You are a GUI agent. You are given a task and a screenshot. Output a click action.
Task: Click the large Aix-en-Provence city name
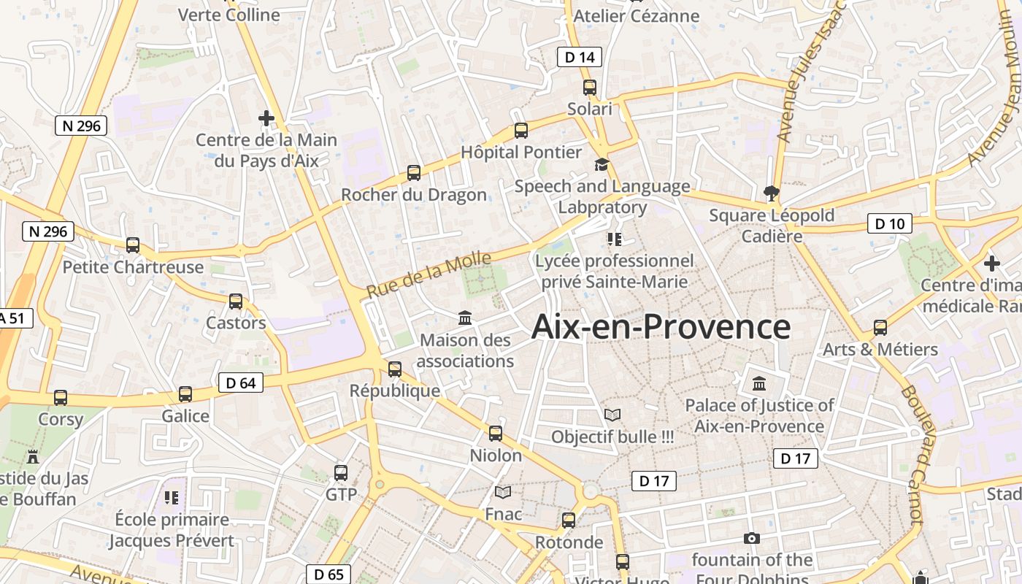[x=661, y=326]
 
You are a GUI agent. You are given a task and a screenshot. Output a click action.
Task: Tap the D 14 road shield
[x=580, y=57]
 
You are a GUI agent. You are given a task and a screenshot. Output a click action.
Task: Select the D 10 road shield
[x=889, y=223]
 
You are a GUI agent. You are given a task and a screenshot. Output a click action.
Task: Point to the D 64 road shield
[x=240, y=383]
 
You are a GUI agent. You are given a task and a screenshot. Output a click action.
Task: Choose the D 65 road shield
[x=328, y=575]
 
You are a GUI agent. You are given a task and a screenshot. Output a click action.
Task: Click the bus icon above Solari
[x=590, y=88]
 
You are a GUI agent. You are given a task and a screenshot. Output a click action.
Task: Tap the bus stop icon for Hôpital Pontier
[x=521, y=131]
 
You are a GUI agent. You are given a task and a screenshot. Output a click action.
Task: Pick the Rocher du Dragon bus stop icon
[x=414, y=173]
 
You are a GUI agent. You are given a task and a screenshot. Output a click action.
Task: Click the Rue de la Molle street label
[x=428, y=274]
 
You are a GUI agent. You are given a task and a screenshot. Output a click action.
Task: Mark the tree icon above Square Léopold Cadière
[x=771, y=193]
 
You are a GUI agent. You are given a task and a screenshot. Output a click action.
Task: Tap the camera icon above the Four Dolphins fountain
[x=752, y=539]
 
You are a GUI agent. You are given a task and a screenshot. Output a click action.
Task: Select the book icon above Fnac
[x=503, y=493]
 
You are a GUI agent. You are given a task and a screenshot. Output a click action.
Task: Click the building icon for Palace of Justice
[x=759, y=383]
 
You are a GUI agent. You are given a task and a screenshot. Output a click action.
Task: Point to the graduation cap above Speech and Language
[x=602, y=164]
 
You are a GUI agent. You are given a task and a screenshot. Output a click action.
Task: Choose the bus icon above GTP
[x=341, y=473]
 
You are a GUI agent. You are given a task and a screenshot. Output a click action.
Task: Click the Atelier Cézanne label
[x=636, y=15]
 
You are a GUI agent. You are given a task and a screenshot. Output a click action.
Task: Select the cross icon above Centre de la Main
[x=266, y=118]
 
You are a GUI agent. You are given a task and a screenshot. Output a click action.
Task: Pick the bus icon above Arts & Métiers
[x=880, y=328]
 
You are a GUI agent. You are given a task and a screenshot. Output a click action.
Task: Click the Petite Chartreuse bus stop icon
[x=133, y=245]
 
